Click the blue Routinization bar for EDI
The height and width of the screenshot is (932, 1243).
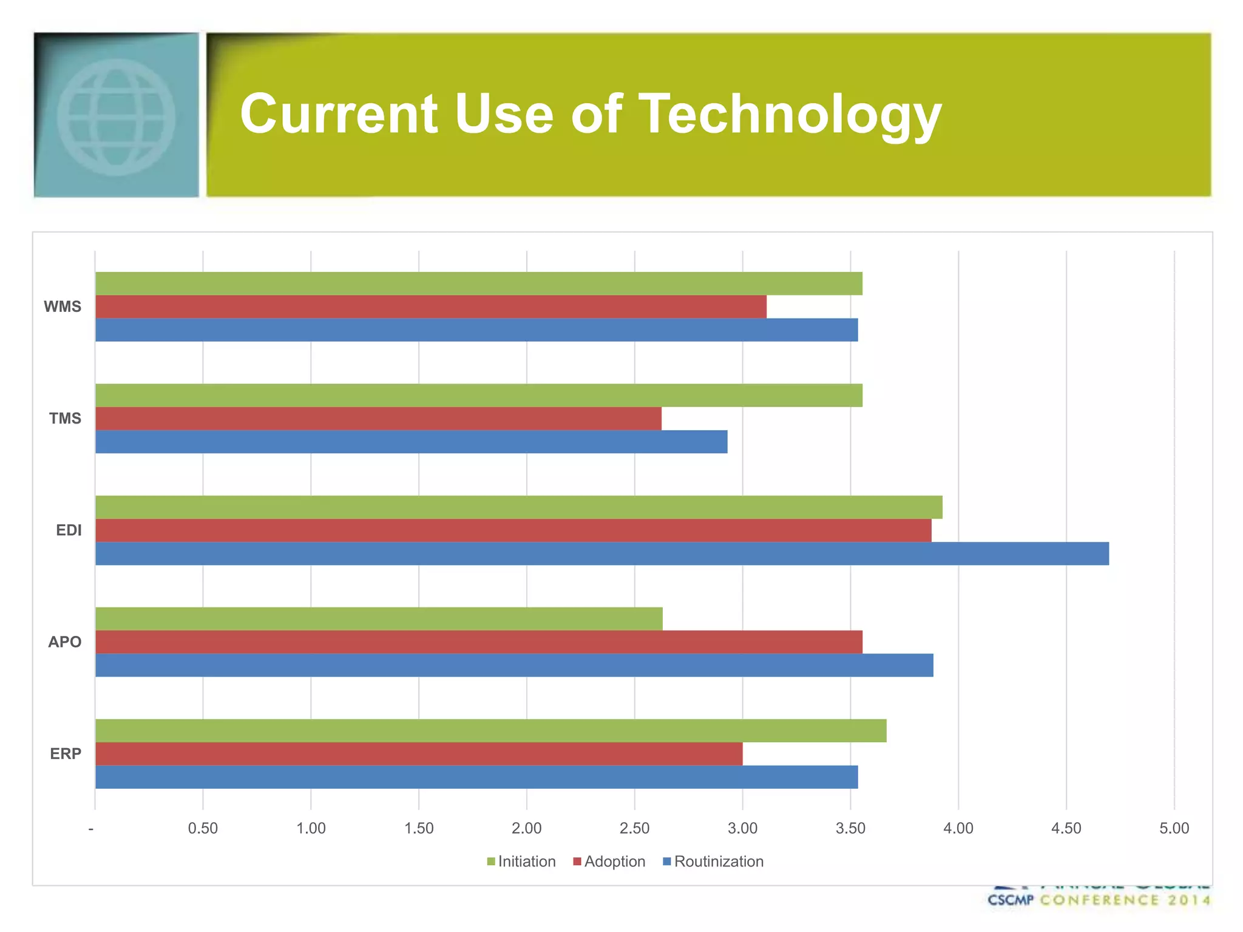[601, 553]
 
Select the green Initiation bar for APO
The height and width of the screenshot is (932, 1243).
[379, 619]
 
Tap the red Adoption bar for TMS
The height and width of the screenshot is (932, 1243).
[378, 419]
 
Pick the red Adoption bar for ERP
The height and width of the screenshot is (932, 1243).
[419, 754]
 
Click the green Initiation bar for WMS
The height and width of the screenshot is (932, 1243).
[478, 283]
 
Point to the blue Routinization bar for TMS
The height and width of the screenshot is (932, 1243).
[411, 442]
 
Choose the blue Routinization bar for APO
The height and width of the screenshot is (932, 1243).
[513, 665]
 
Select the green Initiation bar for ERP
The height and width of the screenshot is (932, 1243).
[490, 731]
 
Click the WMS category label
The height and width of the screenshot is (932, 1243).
[63, 307]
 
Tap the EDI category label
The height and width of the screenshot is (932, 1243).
[69, 530]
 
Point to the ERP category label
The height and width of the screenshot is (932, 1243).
[66, 754]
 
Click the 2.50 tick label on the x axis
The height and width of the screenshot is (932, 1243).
[634, 828]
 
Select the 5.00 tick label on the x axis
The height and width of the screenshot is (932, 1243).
[1174, 828]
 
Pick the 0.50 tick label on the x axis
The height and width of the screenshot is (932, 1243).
[203, 828]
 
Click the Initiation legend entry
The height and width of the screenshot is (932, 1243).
[526, 862]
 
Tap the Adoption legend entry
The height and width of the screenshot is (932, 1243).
[614, 862]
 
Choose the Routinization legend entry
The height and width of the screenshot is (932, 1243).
[718, 862]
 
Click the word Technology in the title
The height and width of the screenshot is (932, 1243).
[790, 115]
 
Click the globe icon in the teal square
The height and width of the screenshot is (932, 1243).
[116, 116]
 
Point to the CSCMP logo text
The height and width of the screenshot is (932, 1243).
[1010, 900]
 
